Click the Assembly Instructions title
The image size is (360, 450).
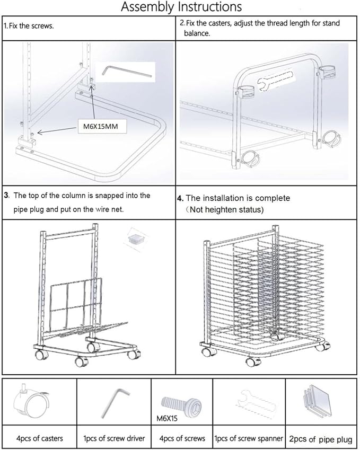pos(181,7)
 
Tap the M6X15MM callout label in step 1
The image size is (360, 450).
pos(101,126)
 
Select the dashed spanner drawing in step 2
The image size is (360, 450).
pos(275,81)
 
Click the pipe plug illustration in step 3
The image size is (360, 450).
pos(136,238)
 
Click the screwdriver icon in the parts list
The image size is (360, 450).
pos(115,403)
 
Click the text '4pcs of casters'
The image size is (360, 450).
pos(39,438)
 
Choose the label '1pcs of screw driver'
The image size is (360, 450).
pos(114,438)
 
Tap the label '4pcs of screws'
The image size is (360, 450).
pos(182,438)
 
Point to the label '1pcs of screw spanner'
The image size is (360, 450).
pos(249,438)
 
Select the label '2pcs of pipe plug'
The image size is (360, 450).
pos(321,439)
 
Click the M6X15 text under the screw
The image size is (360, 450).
pos(167,418)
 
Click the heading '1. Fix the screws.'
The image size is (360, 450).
pos(29,26)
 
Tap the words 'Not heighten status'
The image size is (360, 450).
pos(226,209)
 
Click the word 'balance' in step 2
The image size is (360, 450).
pos(196,33)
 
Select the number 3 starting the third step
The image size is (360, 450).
pos(6,196)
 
